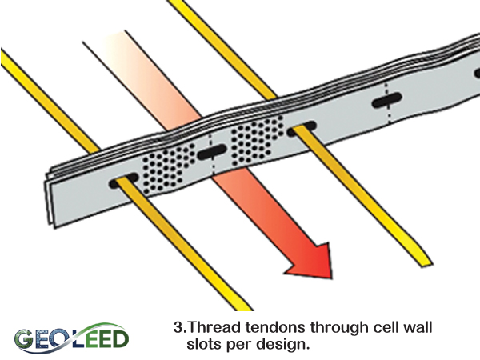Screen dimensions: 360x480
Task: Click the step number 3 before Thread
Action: click(178, 327)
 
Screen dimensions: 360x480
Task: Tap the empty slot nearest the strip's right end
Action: click(385, 101)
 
